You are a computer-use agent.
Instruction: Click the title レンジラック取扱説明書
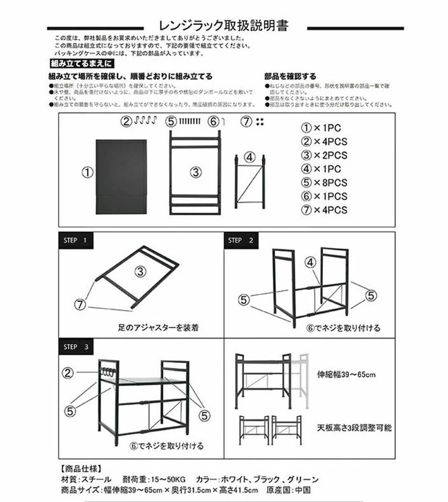click(224, 26)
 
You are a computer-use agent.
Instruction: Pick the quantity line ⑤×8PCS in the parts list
click(324, 182)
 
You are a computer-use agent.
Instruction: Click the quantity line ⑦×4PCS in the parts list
click(324, 210)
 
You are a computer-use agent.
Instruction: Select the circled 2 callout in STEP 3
click(68, 373)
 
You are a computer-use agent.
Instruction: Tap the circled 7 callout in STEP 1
click(82, 304)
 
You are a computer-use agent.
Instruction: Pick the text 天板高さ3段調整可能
click(354, 428)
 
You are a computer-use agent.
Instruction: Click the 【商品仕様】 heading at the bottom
click(81, 468)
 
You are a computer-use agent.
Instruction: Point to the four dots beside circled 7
click(259, 121)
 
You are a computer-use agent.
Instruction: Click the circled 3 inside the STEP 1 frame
click(140, 272)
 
